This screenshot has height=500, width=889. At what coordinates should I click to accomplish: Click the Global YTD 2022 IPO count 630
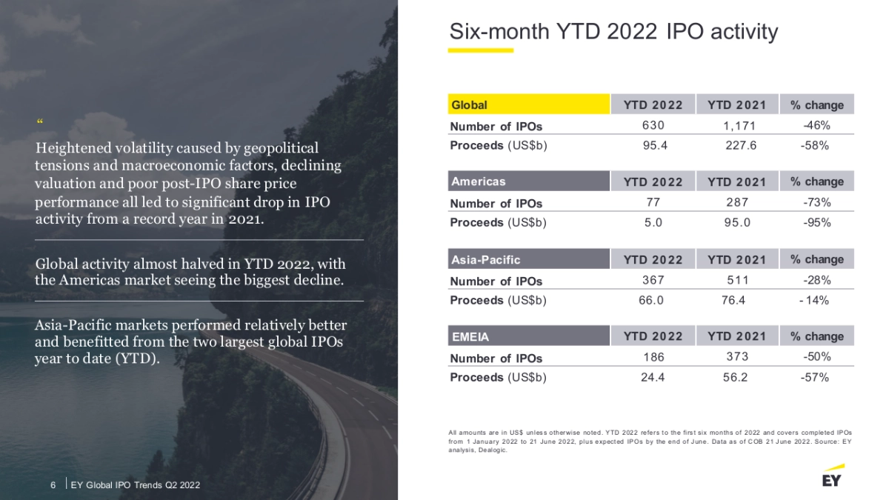(x=653, y=125)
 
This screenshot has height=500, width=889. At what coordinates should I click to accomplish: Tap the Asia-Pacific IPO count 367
(x=653, y=280)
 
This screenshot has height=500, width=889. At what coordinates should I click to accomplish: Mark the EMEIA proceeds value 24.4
(x=653, y=377)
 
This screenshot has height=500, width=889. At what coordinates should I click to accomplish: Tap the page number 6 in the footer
(x=53, y=484)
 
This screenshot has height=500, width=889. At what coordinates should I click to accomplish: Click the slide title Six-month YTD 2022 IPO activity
(x=613, y=32)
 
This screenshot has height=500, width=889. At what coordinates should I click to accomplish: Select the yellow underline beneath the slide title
(x=481, y=50)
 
